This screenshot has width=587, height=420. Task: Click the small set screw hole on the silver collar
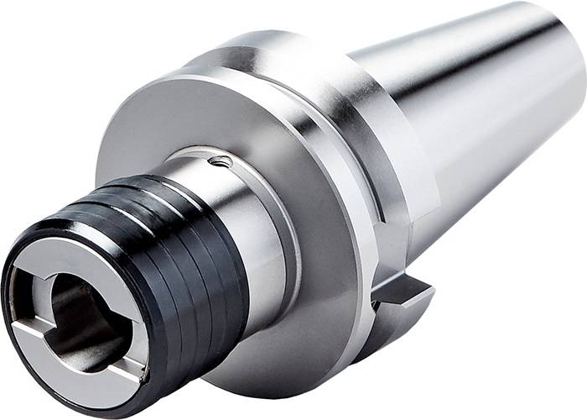221,162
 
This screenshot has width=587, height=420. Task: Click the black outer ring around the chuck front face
25,361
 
